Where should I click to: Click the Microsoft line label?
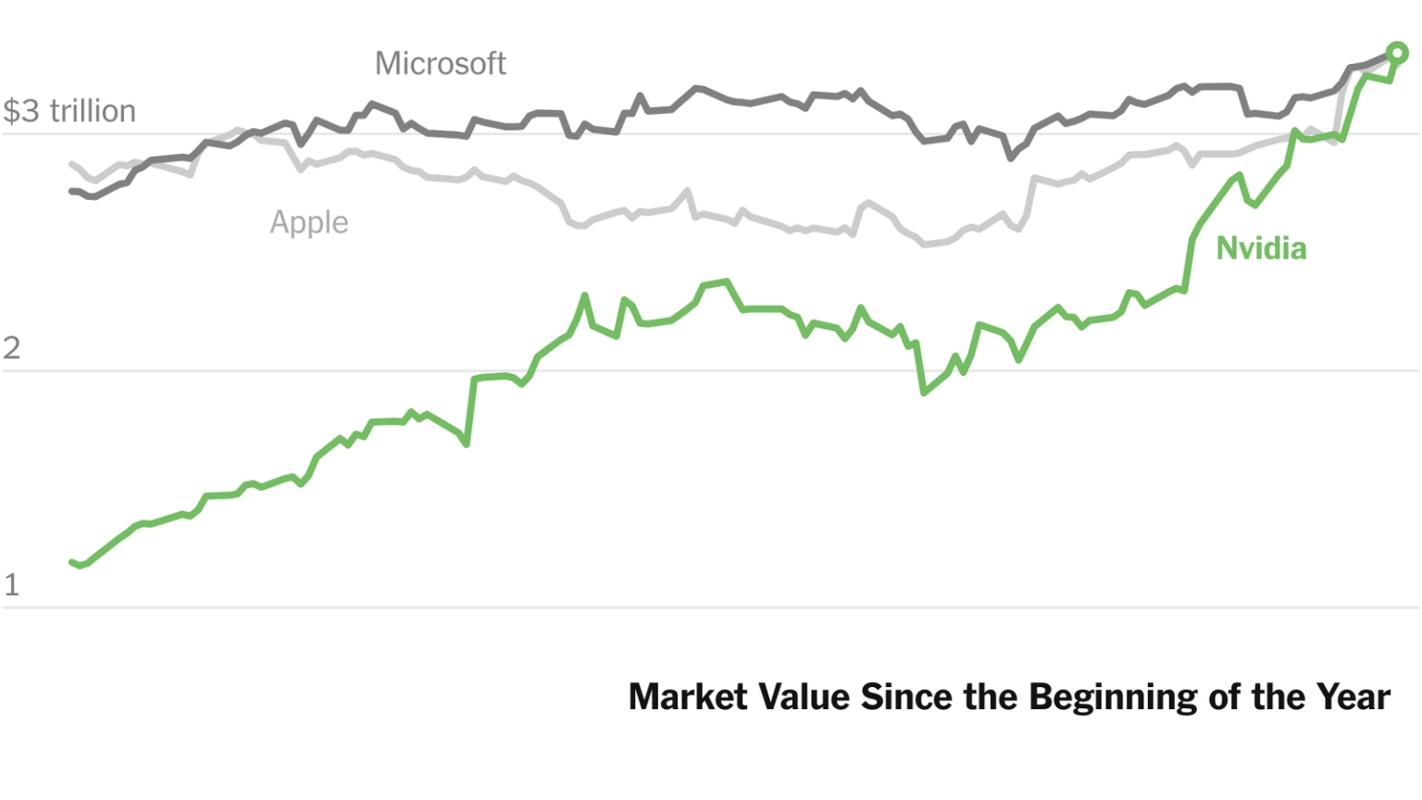tap(440, 64)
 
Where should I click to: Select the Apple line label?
tap(309, 223)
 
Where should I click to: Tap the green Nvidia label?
tap(1261, 248)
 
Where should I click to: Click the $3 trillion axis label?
tap(69, 111)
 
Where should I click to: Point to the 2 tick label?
tap(11, 348)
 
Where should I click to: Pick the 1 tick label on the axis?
tap(11, 585)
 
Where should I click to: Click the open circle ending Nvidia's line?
tap(1397, 54)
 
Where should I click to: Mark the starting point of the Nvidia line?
tap(72, 562)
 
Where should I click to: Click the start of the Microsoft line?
tap(71, 191)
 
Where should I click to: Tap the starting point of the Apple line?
tap(72, 165)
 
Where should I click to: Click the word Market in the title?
tap(675, 697)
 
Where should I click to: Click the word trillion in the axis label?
tap(92, 111)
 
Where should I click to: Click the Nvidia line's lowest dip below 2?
tap(923, 393)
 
